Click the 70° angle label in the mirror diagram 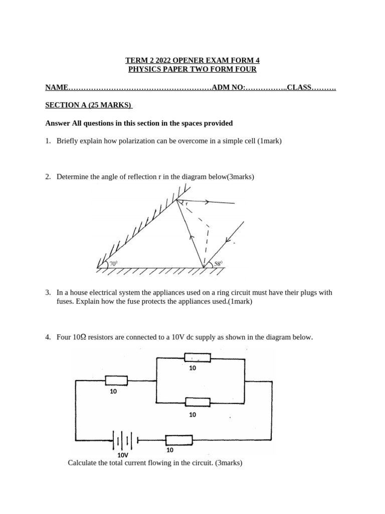coord(113,263)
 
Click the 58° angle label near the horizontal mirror coord(218,263)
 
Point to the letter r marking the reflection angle coord(186,204)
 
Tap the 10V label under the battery coord(122,455)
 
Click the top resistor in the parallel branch coord(197,357)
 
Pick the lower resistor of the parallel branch coord(197,402)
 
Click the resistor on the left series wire coord(116,381)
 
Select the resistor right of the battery coord(178,440)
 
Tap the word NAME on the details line coord(56,87)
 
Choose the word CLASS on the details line coord(299,87)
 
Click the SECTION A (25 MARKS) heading coord(88,105)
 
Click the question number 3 coord(48,292)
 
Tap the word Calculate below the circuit coord(83,463)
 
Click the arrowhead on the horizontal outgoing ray coord(207,202)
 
